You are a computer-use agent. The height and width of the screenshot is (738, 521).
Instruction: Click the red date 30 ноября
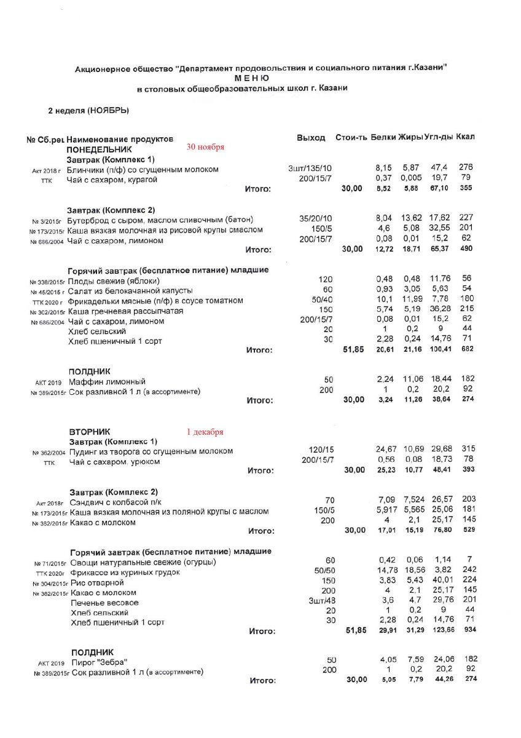coord(205,147)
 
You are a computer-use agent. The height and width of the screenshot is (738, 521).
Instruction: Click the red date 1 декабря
coord(205,432)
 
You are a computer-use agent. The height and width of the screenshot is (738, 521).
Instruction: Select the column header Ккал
coord(465,137)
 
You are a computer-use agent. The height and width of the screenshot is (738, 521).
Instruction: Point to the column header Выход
coord(311,138)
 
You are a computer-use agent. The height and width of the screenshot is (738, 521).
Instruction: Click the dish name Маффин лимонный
coord(107,381)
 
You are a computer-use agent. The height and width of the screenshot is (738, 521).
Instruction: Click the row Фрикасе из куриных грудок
coord(125,572)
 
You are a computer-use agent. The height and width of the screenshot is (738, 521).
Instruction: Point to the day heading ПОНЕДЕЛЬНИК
coord(99,149)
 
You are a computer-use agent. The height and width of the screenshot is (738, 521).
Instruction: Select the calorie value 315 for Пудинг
coord(469,451)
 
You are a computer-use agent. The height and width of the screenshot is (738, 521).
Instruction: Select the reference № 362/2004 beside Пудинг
coord(49,452)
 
